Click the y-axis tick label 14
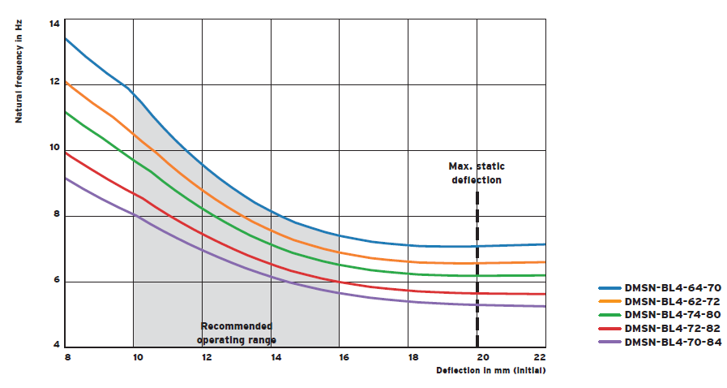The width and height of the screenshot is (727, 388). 54,24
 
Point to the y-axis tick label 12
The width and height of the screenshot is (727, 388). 54,82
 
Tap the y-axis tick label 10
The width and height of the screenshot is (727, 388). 54,149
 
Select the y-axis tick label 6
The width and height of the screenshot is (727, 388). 56,281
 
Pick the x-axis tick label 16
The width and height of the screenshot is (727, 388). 343,357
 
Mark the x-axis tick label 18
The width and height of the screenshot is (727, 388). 412,357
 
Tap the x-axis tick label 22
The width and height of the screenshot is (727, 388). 540,357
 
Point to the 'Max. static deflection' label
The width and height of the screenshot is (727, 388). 477,173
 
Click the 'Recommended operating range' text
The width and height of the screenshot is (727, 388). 237,332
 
